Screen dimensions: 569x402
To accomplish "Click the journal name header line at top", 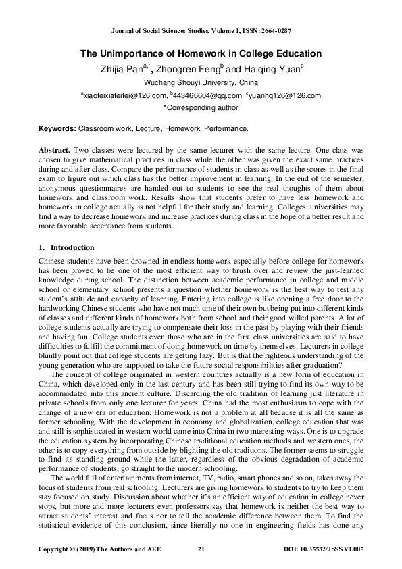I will (x=201, y=32).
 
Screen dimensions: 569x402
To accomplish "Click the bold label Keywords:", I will (x=56, y=128).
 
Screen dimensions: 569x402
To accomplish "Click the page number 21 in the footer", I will (x=201, y=549).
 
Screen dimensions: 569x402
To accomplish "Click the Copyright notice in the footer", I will (x=84, y=549).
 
